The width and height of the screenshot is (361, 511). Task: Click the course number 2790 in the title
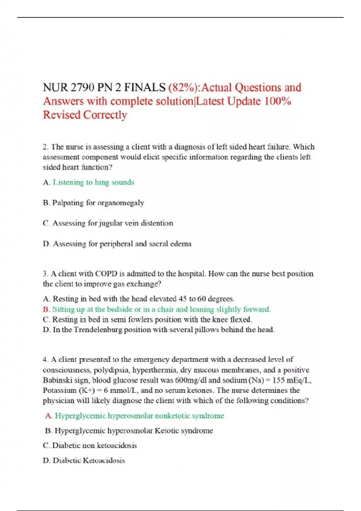82,87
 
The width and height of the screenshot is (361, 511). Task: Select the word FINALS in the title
145,87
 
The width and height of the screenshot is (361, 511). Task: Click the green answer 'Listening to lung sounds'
94,182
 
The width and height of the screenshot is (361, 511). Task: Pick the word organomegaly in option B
121,203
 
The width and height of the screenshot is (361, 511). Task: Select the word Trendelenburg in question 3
98,330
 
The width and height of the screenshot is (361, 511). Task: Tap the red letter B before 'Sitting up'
46,309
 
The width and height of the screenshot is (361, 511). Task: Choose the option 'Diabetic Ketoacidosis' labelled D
89,461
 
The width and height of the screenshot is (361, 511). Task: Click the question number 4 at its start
45,360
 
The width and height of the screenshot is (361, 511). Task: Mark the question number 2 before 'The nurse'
45,147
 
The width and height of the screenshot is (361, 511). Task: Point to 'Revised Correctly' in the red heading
85,115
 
